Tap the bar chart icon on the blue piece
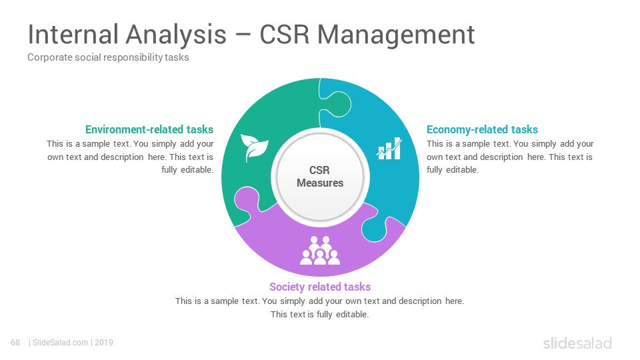[389, 148]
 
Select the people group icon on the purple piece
[320, 250]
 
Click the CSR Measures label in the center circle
[320, 176]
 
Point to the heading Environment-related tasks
[149, 129]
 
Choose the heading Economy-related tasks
[482, 129]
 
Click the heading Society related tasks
[320, 287]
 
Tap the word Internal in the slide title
[73, 34]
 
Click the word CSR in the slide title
[285, 34]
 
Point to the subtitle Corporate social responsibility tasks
[108, 57]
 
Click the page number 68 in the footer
[15, 343]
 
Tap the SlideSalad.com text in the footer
[60, 343]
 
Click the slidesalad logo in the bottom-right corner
[577, 343]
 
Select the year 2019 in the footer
[104, 343]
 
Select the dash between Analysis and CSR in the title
[243, 35]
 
